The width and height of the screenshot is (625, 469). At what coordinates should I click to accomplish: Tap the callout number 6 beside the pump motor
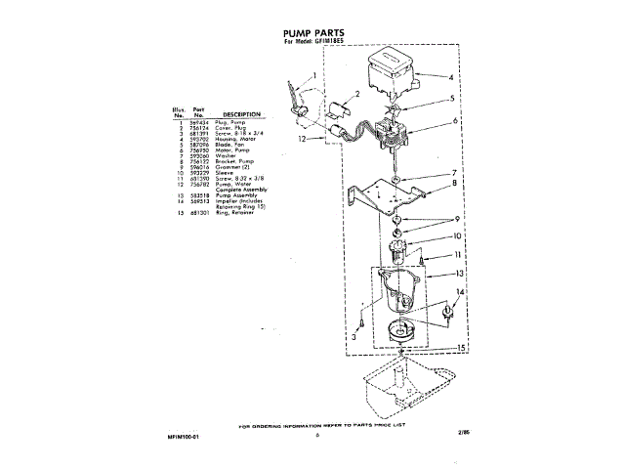tap(454, 122)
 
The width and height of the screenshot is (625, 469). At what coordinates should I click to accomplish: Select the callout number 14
tap(463, 292)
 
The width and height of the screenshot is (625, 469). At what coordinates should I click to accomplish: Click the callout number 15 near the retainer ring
tap(461, 348)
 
